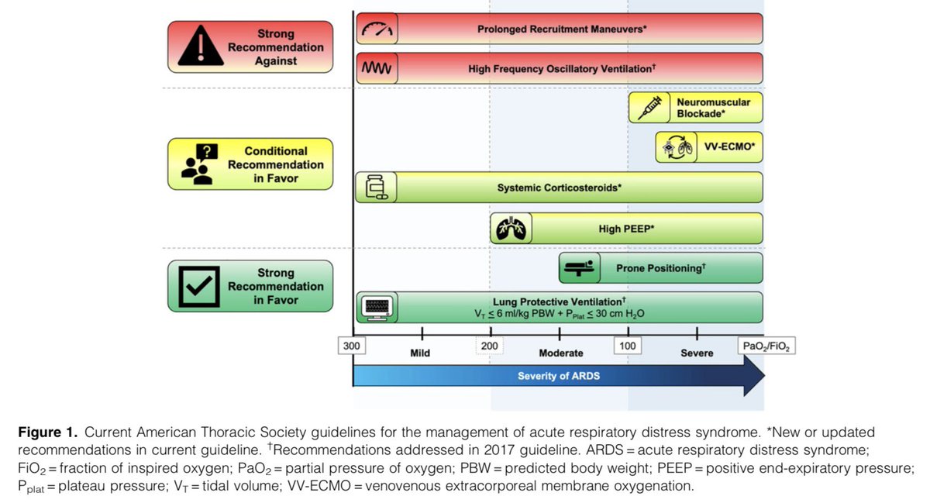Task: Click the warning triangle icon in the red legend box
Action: click(x=201, y=46)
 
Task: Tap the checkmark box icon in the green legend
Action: click(x=199, y=286)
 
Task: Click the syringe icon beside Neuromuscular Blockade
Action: click(x=649, y=108)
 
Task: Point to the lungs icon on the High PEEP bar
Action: click(x=511, y=229)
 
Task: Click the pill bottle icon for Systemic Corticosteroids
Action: click(x=376, y=188)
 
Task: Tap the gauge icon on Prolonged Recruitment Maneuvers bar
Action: click(x=377, y=29)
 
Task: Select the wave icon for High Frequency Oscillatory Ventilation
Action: click(x=377, y=68)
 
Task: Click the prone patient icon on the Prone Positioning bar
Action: click(x=580, y=268)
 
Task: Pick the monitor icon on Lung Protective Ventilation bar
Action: click(x=377, y=308)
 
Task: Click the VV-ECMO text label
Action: click(x=729, y=146)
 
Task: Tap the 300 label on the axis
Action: click(x=352, y=346)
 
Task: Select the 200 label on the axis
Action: click(x=490, y=346)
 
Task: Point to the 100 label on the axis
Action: click(x=627, y=346)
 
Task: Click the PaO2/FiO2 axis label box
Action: click(x=766, y=346)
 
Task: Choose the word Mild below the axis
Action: click(x=420, y=353)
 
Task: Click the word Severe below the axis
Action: click(x=697, y=353)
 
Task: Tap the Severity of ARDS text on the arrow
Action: click(x=559, y=376)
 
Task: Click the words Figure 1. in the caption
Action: click(x=48, y=432)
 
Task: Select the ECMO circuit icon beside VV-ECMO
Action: click(x=677, y=147)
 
